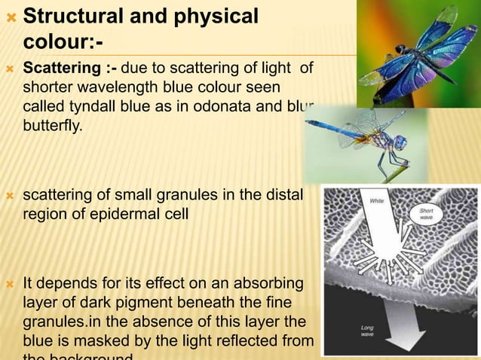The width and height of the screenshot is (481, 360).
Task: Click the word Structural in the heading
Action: point(73,16)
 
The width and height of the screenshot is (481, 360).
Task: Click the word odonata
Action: point(242,105)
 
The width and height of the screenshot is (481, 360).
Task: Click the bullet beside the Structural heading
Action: point(10,16)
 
